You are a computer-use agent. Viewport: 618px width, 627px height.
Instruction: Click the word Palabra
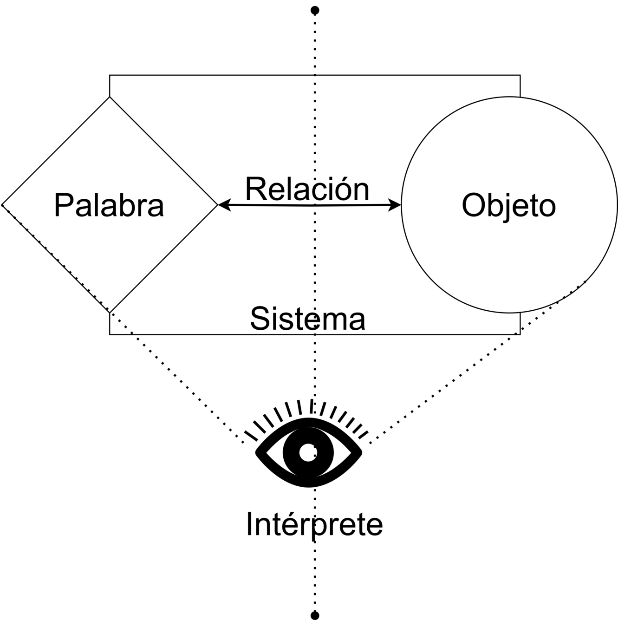(x=109, y=205)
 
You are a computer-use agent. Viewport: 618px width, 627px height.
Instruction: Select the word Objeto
(x=508, y=205)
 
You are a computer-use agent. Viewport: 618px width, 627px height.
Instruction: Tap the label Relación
(x=307, y=189)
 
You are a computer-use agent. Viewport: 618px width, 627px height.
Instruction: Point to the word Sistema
(x=307, y=319)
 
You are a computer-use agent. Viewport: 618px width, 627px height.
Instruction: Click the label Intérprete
(x=314, y=524)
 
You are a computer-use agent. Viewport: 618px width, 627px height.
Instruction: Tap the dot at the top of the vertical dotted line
(x=315, y=10)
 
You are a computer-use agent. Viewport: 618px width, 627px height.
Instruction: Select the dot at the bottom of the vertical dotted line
(x=315, y=616)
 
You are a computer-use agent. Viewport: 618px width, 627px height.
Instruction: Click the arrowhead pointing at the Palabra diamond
(x=222, y=204)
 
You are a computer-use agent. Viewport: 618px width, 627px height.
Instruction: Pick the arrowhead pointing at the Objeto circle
(x=397, y=204)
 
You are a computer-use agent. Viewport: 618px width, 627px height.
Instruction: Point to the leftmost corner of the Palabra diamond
(x=3, y=204)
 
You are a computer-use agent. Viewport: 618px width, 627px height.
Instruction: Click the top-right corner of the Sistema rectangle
(x=520, y=75)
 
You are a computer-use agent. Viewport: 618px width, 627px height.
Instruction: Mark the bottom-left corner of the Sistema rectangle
(x=110, y=334)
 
